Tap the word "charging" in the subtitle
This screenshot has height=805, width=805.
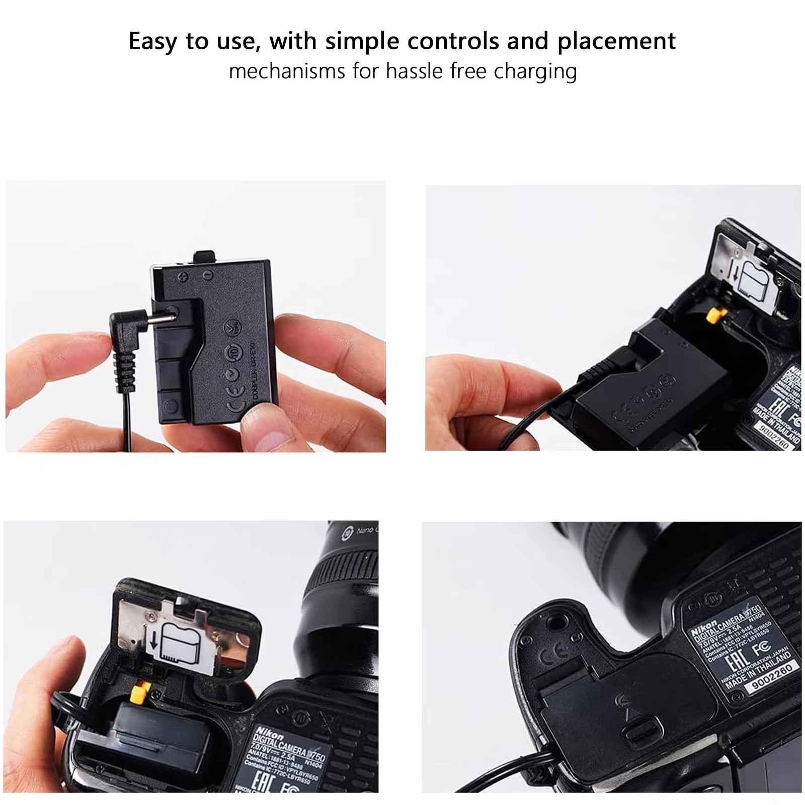coord(535,71)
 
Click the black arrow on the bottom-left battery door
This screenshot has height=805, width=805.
coord(154,640)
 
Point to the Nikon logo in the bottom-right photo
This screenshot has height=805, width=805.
coord(704,628)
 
